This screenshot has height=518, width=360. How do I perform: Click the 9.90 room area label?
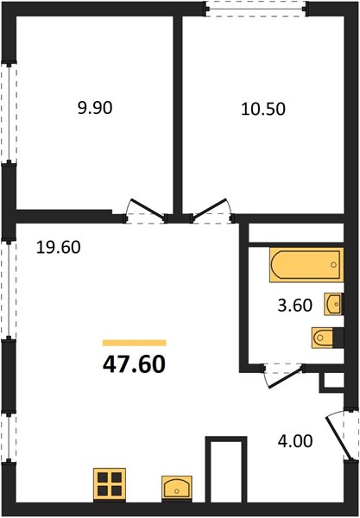coord(95,108)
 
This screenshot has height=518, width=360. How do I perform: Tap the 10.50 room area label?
coord(263,109)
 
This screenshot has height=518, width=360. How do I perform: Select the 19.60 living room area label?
coord(58,248)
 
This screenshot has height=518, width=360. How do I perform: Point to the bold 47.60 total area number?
coord(134,364)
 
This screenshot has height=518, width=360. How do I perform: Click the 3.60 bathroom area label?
coord(295,306)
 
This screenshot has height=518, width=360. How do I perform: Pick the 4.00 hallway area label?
coord(295,441)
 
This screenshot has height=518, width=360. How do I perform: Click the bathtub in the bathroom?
coord(306,265)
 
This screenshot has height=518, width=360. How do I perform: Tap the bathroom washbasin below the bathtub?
coord(333,304)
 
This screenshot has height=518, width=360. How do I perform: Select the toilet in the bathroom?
coord(327,338)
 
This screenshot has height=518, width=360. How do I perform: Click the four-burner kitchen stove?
coord(110,485)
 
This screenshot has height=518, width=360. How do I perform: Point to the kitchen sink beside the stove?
coord(177,489)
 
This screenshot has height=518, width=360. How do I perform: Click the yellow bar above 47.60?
coord(134,343)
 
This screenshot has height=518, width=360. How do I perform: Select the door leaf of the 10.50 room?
coord(210,208)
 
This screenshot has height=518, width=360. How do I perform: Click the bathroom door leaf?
coord(286,376)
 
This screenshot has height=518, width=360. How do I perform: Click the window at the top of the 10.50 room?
coord(256,9)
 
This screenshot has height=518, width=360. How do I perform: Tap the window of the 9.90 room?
coord(9,112)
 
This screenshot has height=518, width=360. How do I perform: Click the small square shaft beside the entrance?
coord(332,382)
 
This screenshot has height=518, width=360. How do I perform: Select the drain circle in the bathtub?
coord(333,265)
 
